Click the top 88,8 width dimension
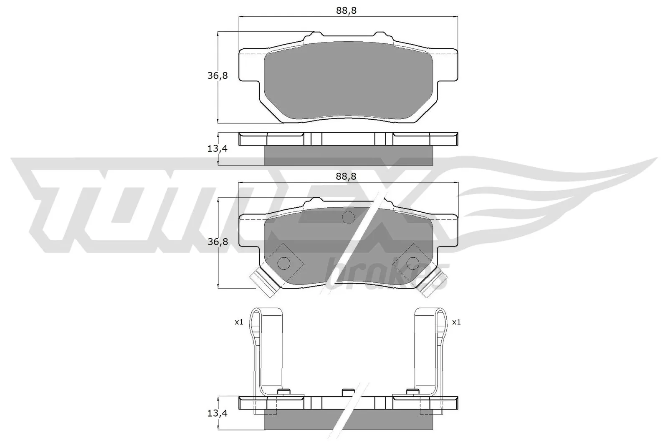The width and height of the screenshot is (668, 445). click(346, 11)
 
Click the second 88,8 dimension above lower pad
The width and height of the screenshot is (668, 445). click(346, 176)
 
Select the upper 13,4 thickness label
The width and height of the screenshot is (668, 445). click(218, 148)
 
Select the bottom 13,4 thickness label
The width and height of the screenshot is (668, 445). click(218, 413)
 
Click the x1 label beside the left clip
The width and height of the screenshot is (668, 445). click(238, 322)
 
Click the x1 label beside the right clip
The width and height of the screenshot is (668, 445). click(456, 322)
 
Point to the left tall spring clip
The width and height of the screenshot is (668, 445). click(267, 350)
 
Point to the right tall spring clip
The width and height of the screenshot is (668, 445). click(428, 350)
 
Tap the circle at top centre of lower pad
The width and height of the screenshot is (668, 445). click(348, 217)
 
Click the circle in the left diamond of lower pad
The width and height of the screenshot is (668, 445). click(284, 263)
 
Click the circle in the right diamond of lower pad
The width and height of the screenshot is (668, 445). click(413, 263)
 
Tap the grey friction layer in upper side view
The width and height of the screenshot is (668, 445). click(349, 156)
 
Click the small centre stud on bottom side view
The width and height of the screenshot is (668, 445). click(348, 392)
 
